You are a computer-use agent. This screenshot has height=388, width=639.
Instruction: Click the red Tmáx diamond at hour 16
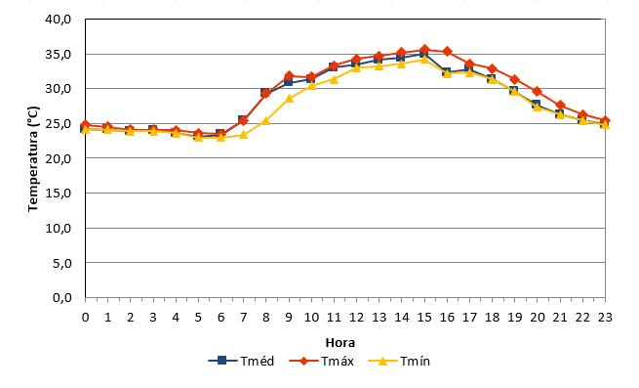pos(447,52)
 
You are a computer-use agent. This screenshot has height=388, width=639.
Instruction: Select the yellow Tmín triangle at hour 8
pos(265,120)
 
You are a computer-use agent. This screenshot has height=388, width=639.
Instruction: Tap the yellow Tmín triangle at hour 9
pos(289,98)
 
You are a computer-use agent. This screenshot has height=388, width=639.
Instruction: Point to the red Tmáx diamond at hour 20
pos(538,91)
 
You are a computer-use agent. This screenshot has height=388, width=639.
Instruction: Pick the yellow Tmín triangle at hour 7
pos(243,134)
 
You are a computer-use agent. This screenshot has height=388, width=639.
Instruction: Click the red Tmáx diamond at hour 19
pos(515,79)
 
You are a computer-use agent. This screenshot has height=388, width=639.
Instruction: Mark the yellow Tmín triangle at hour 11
pos(335,79)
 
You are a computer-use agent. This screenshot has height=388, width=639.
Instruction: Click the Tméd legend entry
pos(241,361)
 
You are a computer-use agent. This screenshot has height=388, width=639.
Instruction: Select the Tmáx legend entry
pos(322,361)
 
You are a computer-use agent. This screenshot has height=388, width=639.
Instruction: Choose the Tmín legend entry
pos(399,361)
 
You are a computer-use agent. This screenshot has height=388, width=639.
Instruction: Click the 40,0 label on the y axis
pos(59,20)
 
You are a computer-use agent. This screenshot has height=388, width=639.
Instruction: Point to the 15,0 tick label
pos(59,193)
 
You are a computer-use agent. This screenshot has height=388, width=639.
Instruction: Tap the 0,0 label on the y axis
pos(61,298)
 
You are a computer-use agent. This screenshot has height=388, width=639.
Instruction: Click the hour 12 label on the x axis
pos(357,317)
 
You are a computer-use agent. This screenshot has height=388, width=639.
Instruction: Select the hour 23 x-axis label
pos(605,317)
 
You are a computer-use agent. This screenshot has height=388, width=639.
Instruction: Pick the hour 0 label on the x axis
pos(85,317)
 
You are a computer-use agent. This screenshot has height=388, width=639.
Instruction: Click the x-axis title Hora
pos(340,342)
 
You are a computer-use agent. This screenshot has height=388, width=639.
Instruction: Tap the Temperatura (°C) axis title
pos(33,159)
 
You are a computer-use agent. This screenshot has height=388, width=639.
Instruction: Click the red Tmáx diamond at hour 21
pos(560,106)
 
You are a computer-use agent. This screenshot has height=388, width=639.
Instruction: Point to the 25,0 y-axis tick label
pos(59,123)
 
